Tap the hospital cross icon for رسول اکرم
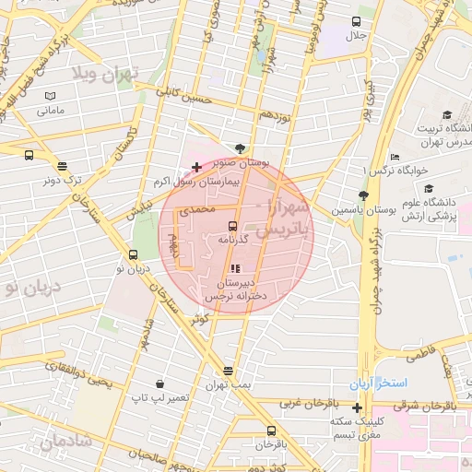click(x=195, y=168)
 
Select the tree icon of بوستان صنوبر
click(x=241, y=147)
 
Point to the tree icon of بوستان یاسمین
click(x=363, y=195)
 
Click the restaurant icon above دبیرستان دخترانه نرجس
click(x=235, y=268)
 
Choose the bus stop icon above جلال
click(x=356, y=21)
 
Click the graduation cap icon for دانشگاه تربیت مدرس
click(x=447, y=115)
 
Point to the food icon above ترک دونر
click(x=62, y=167)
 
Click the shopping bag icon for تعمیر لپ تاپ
click(x=160, y=383)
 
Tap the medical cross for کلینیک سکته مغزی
click(x=357, y=407)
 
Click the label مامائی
click(x=50, y=111)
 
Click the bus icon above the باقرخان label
click(x=271, y=431)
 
